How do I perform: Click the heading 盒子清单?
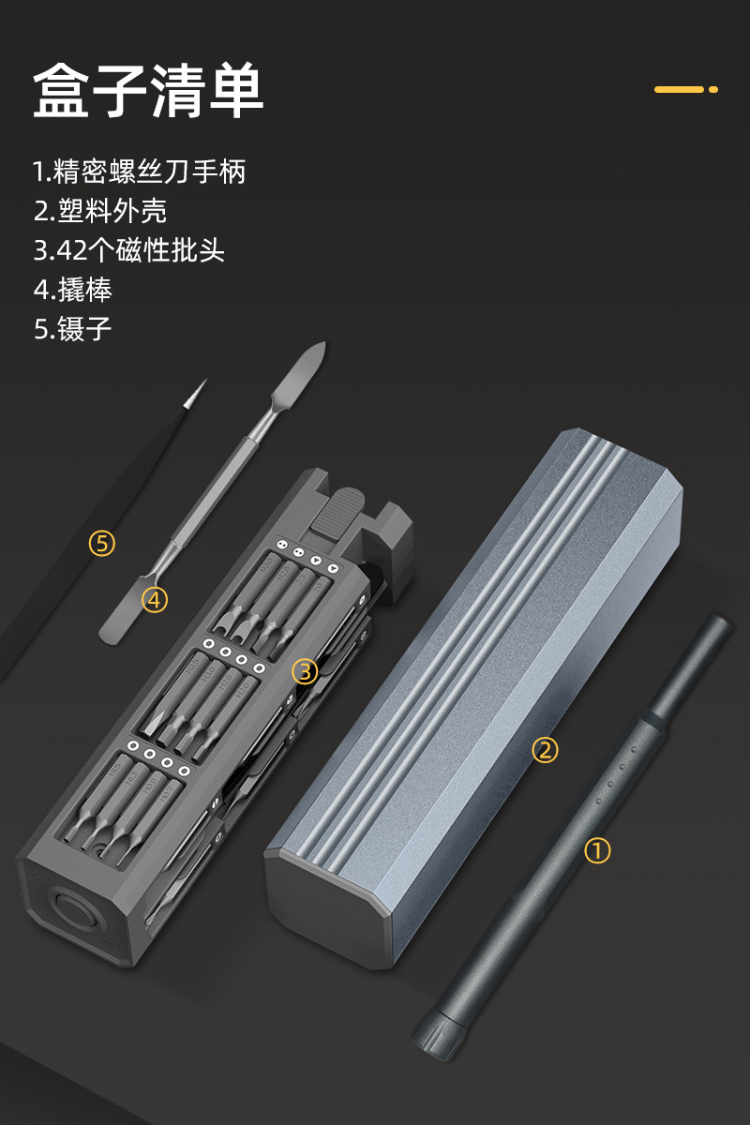[x=148, y=91]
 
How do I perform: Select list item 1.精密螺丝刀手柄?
[x=139, y=172]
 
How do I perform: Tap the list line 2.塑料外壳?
[x=100, y=211]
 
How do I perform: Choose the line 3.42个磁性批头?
[x=129, y=250]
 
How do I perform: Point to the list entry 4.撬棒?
[x=73, y=290]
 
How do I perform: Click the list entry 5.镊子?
[x=73, y=329]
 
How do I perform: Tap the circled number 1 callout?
[x=597, y=850]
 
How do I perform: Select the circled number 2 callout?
[x=545, y=750]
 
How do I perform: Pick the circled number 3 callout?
[x=305, y=671]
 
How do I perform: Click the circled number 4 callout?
[x=155, y=599]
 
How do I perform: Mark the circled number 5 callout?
[x=101, y=543]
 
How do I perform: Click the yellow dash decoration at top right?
[x=685, y=89]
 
